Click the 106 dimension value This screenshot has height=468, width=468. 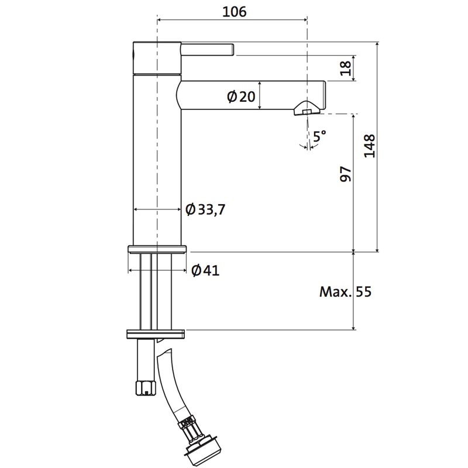235,12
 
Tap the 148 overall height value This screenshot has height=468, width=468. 370,146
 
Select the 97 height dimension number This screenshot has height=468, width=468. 346,174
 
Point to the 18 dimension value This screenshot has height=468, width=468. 346,68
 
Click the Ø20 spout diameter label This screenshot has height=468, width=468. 241,97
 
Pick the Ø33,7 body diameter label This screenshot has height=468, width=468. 205,209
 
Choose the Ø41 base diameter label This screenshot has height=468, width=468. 205,270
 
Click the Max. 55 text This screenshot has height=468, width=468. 345,291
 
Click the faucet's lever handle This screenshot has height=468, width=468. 208,50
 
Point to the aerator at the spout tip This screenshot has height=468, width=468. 307,108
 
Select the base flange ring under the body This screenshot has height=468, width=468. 157,249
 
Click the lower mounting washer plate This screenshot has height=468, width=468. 156,334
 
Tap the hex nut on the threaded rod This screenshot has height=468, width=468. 146,388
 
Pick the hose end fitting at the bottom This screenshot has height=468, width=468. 195,444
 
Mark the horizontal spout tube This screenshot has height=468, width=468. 251,95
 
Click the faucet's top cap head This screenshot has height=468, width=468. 157,58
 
